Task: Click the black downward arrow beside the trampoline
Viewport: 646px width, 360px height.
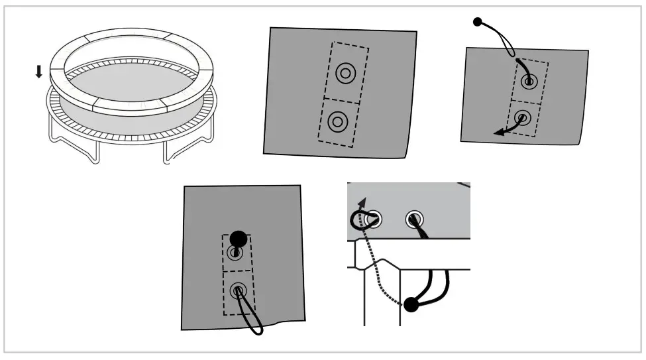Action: (38, 71)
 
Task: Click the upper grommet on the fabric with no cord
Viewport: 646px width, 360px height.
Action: (345, 74)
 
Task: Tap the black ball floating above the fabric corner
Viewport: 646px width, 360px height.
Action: (477, 23)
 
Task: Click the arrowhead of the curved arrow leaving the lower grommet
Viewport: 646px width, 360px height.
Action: (498, 133)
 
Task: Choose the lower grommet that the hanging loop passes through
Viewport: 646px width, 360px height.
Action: (238, 290)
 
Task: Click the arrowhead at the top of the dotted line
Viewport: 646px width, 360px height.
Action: (361, 202)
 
